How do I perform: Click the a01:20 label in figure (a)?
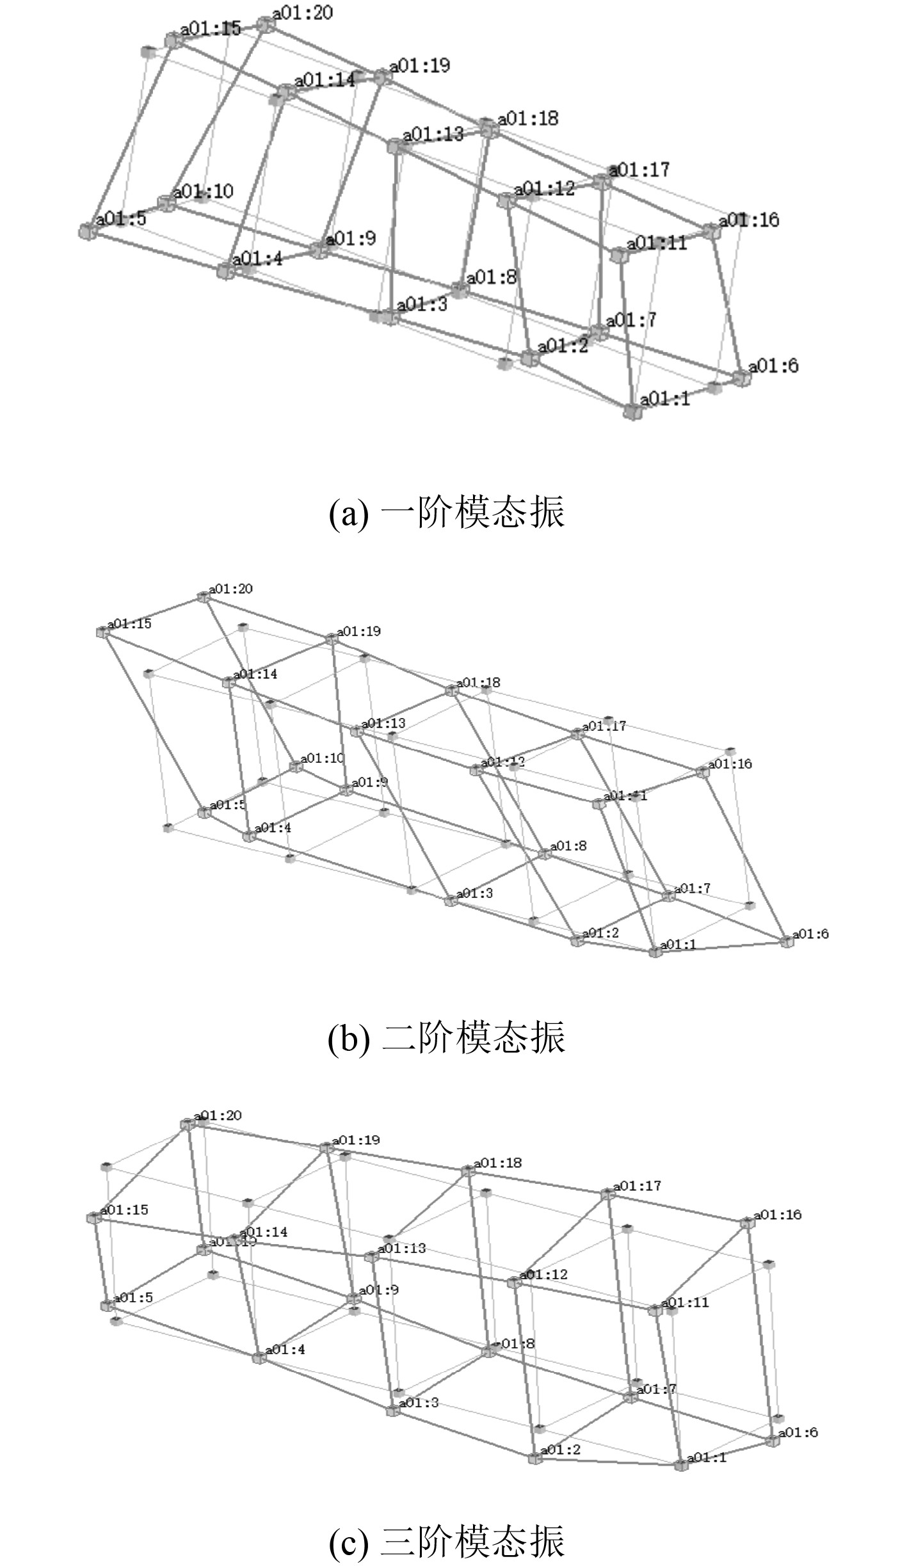(303, 12)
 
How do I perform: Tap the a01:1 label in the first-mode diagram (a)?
(666, 399)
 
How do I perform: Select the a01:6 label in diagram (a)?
(774, 365)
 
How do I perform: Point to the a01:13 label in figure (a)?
(433, 134)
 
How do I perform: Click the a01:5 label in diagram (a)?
(121, 218)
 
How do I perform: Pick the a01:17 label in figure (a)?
(639, 170)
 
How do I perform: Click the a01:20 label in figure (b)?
(231, 589)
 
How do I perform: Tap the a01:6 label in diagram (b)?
(812, 934)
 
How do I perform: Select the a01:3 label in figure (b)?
(474, 893)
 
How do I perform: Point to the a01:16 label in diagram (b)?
(730, 763)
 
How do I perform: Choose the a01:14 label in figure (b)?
(255, 674)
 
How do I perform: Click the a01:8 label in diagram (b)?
(568, 846)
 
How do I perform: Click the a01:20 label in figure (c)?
(218, 1115)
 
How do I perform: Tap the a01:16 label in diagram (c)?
(777, 1215)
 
